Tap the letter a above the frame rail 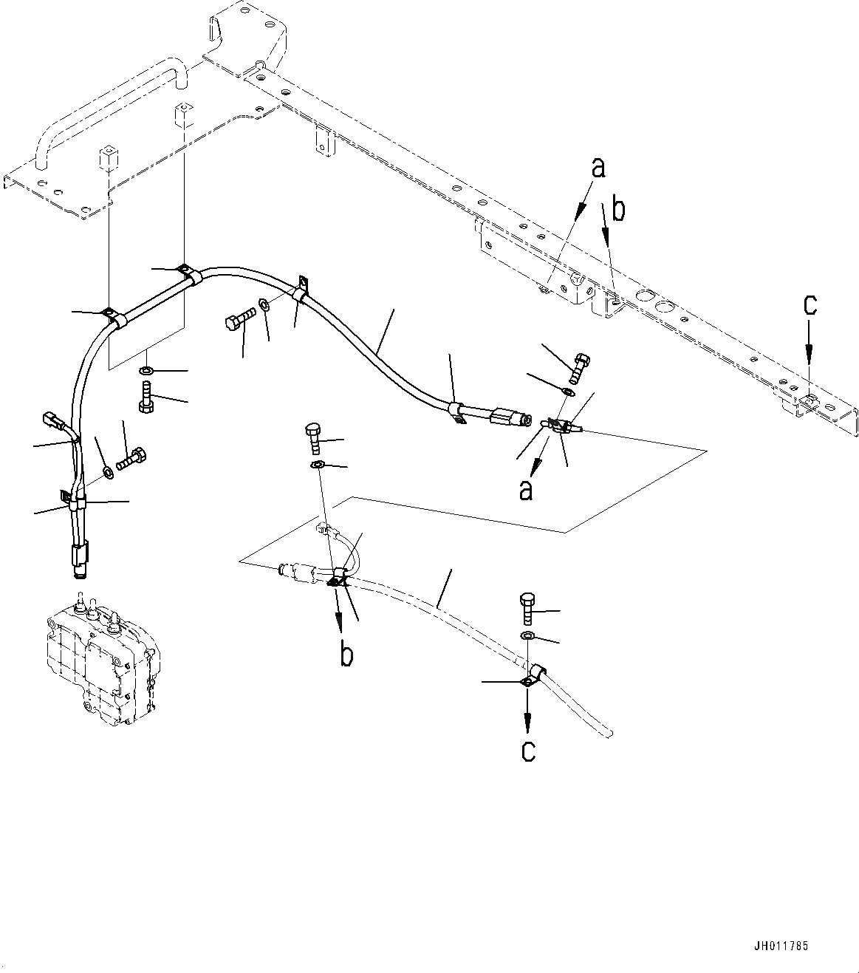pyautogui.click(x=598, y=168)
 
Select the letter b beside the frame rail pyautogui.click(x=618, y=211)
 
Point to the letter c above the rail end pyautogui.click(x=810, y=305)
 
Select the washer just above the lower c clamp pyautogui.click(x=527, y=636)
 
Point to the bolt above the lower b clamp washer pyautogui.click(x=313, y=440)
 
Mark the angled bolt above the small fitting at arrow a pyautogui.click(x=578, y=364)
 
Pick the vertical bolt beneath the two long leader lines pyautogui.click(x=146, y=397)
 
